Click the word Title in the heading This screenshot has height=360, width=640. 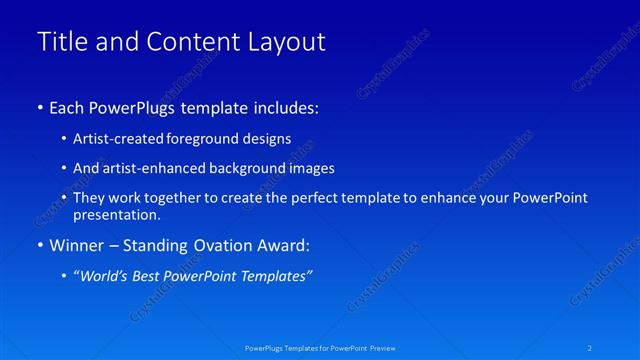tap(59, 42)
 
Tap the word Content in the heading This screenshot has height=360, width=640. tap(188, 42)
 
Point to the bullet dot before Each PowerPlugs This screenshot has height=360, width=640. tap(40, 107)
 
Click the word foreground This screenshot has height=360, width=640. tap(192, 138)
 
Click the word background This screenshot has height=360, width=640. tap(235, 168)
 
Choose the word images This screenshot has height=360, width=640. tap(302, 168)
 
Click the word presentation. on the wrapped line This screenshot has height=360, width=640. tap(117, 215)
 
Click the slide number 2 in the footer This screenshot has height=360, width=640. tap(590, 348)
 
